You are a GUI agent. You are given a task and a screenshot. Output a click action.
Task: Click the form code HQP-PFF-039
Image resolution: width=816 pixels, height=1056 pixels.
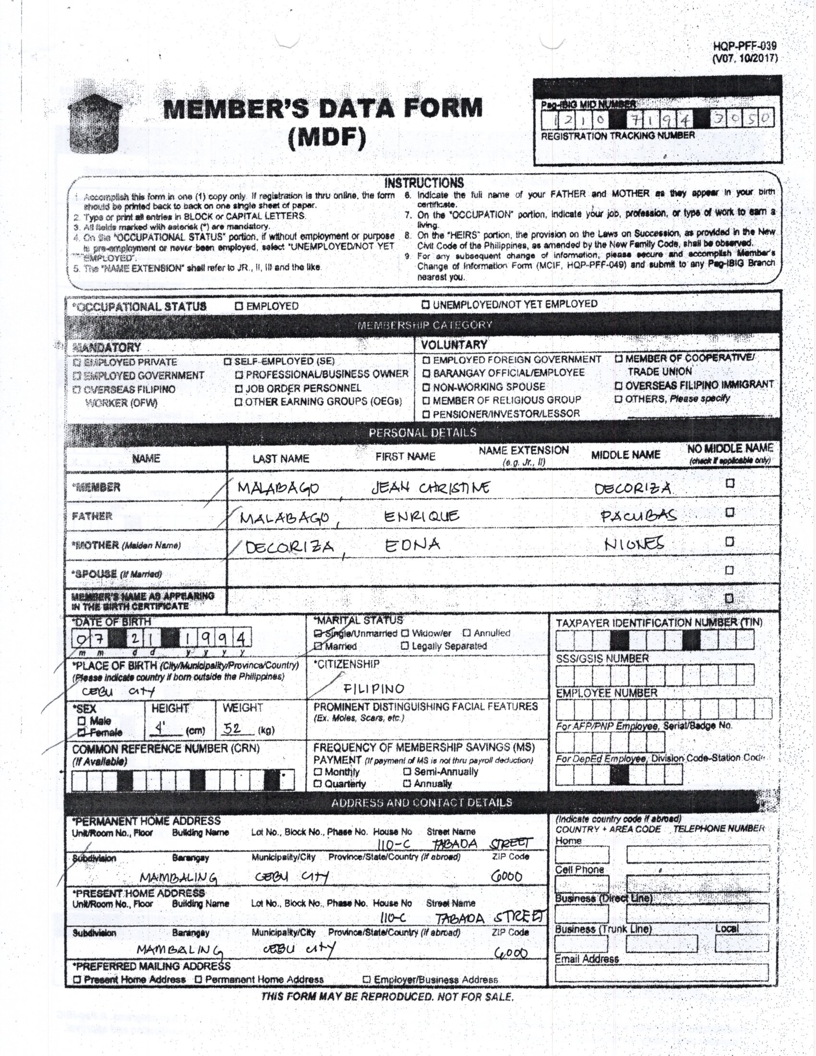(744, 46)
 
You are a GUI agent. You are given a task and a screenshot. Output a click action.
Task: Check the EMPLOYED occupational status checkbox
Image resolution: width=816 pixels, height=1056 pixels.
(239, 306)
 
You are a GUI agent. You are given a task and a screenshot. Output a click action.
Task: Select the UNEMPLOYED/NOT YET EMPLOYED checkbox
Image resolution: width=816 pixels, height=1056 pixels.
(425, 305)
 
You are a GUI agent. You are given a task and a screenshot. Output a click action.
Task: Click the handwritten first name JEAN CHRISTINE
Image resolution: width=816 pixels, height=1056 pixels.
(430, 487)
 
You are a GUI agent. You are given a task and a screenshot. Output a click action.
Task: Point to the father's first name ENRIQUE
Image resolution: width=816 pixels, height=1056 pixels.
(421, 517)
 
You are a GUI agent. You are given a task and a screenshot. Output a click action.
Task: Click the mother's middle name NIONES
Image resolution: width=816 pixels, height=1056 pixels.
(634, 544)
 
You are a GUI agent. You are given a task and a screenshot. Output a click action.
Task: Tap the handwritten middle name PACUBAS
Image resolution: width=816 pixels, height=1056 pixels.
(638, 516)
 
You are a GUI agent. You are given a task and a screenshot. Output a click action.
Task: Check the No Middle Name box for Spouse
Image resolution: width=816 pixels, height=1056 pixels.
(730, 570)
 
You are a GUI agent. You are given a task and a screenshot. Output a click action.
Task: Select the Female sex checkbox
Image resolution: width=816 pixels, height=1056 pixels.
(82, 732)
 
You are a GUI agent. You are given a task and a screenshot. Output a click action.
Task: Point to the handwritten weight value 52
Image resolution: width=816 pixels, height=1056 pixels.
(232, 728)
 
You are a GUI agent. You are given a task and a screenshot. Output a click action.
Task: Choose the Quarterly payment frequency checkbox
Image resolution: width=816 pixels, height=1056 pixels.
(318, 784)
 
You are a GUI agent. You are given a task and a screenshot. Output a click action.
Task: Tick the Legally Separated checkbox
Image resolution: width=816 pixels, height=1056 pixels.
(405, 646)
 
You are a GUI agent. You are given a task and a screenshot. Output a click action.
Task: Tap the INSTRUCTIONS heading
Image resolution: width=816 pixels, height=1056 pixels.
(424, 183)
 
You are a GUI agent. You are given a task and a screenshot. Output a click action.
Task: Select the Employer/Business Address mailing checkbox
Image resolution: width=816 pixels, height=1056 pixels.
(367, 980)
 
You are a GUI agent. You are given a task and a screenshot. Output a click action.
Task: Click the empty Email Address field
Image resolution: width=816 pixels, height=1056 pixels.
(661, 972)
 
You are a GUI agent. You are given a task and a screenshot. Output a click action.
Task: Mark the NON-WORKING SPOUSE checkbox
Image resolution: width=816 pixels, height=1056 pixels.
(426, 387)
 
